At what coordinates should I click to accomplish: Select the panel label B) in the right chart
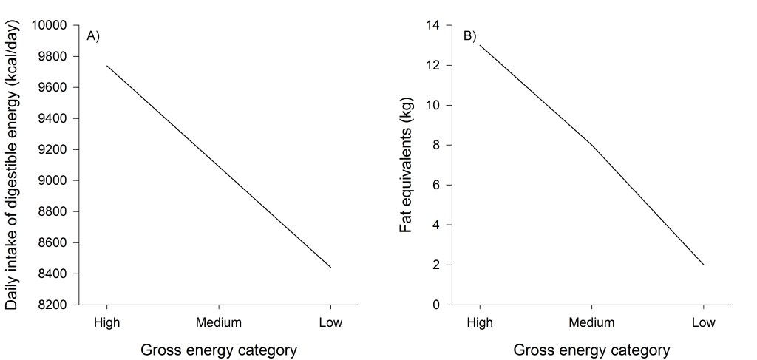coord(470,36)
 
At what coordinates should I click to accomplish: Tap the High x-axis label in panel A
coord(107,323)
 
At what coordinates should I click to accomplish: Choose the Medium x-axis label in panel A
coord(219,323)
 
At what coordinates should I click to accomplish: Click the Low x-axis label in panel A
coord(330,323)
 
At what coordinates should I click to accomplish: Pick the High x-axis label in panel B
coord(480,323)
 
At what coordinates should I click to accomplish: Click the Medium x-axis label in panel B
coord(591,323)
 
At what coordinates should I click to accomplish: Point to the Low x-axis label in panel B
coord(703,323)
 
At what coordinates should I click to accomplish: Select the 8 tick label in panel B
coord(436,146)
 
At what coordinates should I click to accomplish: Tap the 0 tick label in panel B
coord(436,305)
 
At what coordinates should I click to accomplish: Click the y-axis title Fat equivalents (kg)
coord(406,166)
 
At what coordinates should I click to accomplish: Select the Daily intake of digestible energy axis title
coord(13,166)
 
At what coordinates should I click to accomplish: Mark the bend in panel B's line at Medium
coord(591,145)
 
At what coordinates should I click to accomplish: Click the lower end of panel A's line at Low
coord(330,268)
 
